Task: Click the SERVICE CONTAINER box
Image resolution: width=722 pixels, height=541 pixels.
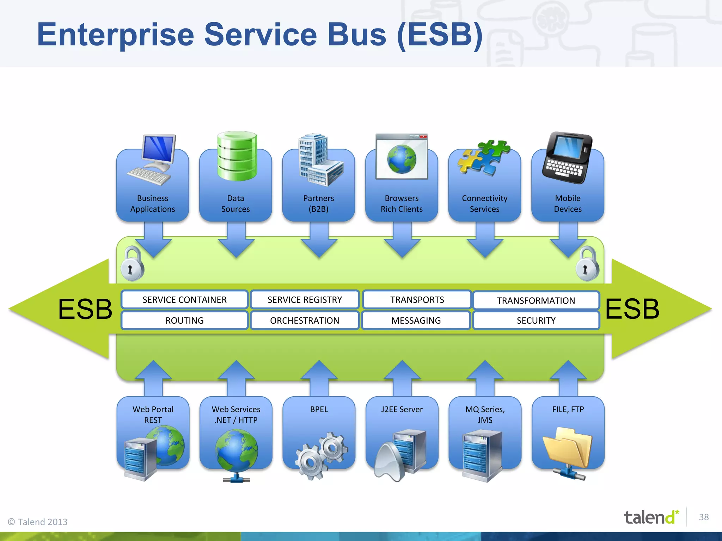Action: (x=184, y=300)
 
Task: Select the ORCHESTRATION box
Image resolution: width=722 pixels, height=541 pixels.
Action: (x=305, y=321)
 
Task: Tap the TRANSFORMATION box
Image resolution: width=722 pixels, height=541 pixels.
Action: (x=536, y=300)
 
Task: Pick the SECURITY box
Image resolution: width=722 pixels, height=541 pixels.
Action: (x=536, y=321)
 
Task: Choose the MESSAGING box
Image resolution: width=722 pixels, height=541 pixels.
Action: (x=416, y=321)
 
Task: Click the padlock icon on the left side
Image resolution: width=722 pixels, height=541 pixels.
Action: (x=132, y=264)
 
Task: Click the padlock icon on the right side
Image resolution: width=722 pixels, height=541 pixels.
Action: (x=587, y=264)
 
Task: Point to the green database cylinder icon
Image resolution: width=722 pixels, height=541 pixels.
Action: (x=237, y=156)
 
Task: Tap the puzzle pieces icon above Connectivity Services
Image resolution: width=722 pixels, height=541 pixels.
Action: (x=484, y=157)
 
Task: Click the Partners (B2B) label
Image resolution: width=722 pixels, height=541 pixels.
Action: (x=318, y=204)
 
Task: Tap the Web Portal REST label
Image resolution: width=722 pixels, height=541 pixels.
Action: (x=153, y=415)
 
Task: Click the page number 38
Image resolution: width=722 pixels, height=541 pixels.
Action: (x=704, y=517)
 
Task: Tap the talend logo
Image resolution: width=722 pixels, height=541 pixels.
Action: (x=651, y=517)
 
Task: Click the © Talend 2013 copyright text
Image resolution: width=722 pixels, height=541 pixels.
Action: (x=38, y=522)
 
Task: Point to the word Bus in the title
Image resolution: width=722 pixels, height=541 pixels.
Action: (x=357, y=35)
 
